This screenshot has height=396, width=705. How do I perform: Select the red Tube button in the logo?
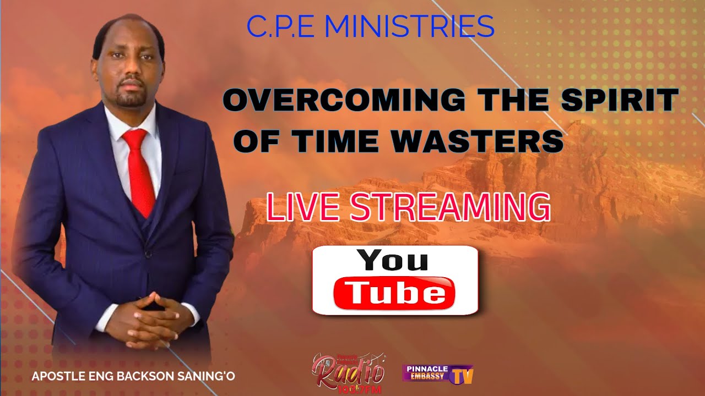[394, 293]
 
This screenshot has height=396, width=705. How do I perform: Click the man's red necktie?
[139, 170]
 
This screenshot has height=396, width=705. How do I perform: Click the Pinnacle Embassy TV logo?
[438, 373]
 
